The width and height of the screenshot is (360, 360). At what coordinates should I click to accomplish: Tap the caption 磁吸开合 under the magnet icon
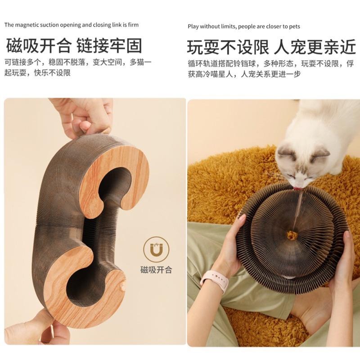tap(156, 270)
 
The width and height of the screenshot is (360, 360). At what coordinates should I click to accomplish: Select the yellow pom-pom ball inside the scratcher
tap(291, 235)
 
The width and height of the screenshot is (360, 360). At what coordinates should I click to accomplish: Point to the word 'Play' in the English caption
tap(193, 27)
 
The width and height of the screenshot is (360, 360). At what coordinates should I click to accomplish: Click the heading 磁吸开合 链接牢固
tap(74, 46)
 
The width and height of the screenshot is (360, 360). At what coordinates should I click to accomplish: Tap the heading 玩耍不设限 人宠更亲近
tap(271, 47)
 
